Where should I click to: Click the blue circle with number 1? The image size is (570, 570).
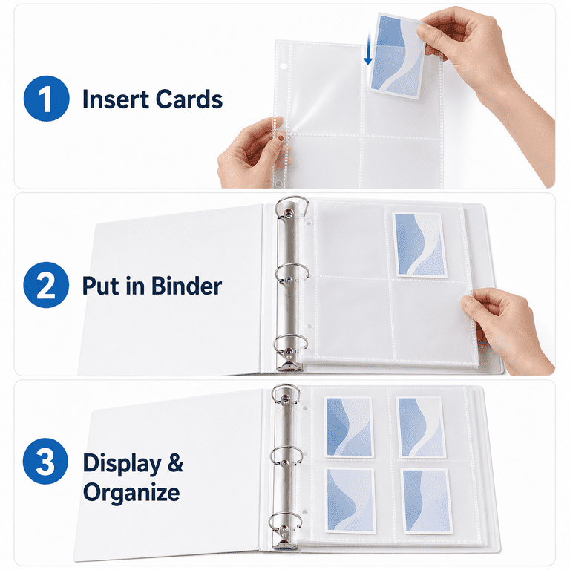47,99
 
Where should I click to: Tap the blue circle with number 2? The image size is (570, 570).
46,285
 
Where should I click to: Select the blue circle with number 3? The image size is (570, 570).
45,461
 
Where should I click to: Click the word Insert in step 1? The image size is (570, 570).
116,99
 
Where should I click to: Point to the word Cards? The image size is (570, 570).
189,99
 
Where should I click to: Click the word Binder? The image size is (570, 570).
187,286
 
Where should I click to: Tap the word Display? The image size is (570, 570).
122,464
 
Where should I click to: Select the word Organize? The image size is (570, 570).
131,493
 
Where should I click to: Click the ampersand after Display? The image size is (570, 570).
176,463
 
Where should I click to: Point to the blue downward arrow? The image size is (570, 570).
369,50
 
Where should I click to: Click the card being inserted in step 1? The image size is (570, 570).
397,56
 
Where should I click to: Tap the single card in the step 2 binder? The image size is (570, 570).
419,245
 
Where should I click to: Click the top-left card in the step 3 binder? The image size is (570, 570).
349,427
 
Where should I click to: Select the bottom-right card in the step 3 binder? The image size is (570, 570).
427,501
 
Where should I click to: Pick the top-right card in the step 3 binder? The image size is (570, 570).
421,427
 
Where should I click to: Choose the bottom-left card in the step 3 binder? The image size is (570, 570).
350,500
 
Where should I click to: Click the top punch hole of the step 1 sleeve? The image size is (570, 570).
285,67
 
